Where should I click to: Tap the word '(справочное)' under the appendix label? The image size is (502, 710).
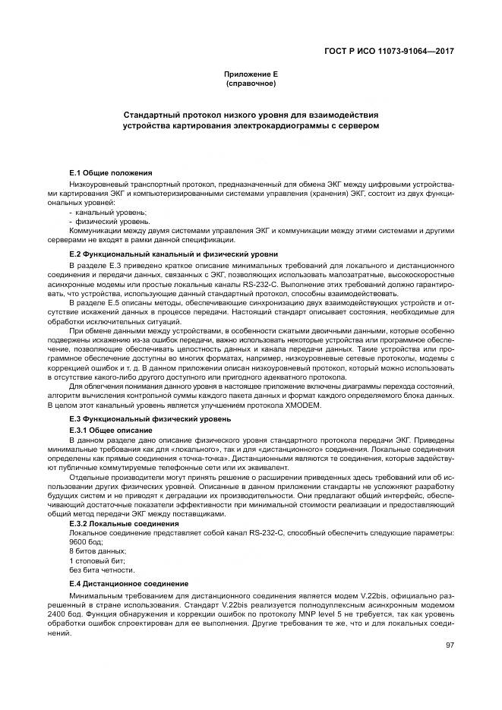[x=251, y=83]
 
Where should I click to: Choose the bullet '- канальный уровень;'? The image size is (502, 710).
[x=107, y=213]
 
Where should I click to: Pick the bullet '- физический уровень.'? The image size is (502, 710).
[x=109, y=221]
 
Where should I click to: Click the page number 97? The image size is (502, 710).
[x=450, y=645]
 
